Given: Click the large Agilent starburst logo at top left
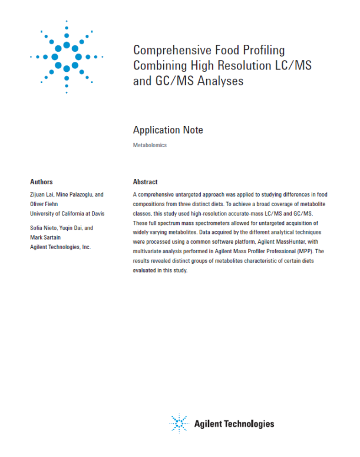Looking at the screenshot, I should [67, 57].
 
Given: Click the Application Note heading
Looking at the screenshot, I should [168, 130].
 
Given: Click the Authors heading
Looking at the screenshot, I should [41, 182].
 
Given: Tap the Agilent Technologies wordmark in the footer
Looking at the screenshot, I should [234, 423].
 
